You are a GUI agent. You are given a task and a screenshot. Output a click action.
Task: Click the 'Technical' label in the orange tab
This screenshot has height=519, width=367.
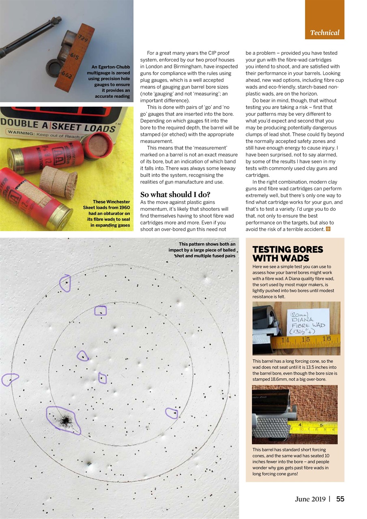click(x=324, y=33)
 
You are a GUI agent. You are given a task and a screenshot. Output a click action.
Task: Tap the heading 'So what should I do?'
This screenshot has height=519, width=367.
click(x=175, y=194)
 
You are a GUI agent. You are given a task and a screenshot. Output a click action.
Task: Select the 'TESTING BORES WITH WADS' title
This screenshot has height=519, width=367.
click(x=288, y=254)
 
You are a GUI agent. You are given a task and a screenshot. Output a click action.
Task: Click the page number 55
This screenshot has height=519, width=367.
click(x=340, y=499)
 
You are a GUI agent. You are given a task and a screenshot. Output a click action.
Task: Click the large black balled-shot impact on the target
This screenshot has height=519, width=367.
click(x=64, y=421)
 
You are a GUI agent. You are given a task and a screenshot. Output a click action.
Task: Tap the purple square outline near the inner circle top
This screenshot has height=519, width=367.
click(x=100, y=311)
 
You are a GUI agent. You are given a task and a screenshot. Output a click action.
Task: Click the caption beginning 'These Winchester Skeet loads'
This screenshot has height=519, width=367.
click(x=110, y=213)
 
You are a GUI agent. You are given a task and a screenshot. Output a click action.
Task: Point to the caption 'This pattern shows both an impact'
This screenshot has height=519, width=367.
click(x=202, y=250)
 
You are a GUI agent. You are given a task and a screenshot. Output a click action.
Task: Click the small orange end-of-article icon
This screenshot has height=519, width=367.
click(x=328, y=229)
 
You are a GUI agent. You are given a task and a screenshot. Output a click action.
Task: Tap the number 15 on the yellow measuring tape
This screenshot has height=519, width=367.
click(x=305, y=339)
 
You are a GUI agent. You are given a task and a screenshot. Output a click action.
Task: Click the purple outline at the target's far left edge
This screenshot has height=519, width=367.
click(x=10, y=380)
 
